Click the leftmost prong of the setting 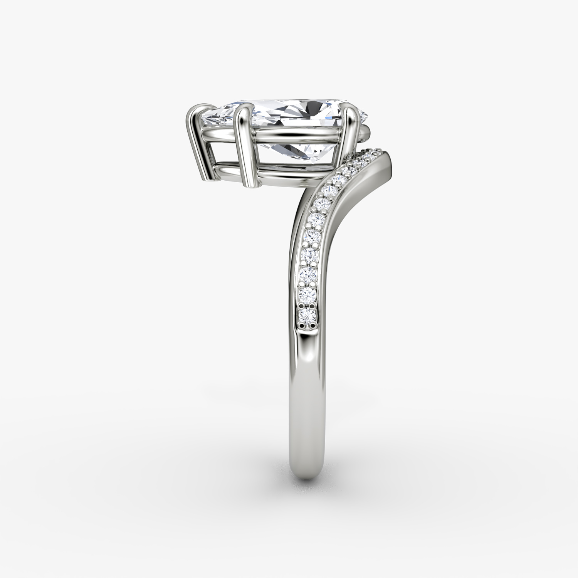(x=195, y=143)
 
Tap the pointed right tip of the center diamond (x=366, y=114)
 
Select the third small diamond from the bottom (x=309, y=274)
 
